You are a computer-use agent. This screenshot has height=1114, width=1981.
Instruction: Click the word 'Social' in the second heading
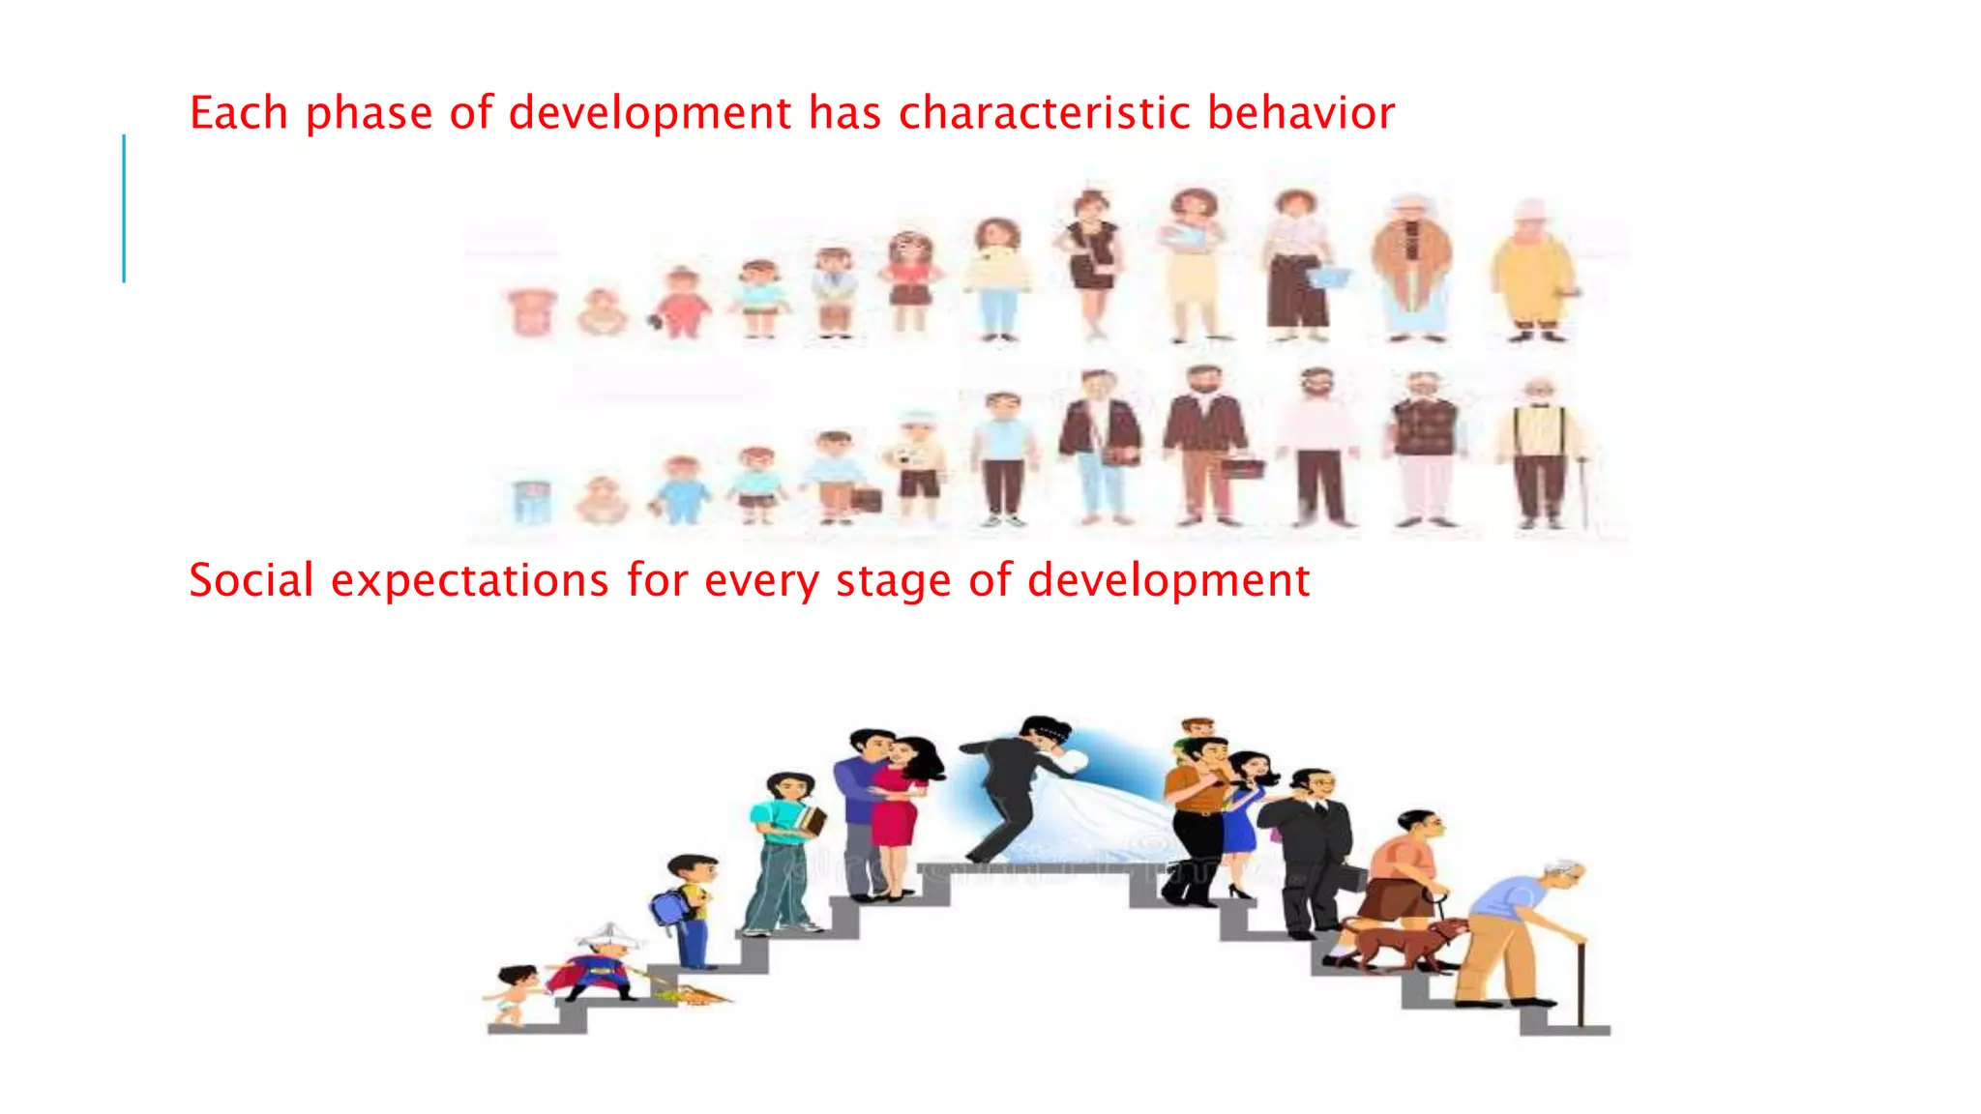pos(251,580)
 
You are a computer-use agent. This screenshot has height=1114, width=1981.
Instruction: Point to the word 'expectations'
pos(469,582)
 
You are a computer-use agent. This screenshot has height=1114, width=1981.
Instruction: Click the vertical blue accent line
pos(124,208)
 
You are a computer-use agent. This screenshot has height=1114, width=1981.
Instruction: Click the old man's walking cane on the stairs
pos(1581,982)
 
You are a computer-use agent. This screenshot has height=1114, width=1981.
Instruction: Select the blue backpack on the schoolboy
pos(667,907)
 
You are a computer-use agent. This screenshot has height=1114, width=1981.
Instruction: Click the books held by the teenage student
pos(811,822)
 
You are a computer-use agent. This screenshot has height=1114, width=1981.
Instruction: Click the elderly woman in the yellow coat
pos(1532,271)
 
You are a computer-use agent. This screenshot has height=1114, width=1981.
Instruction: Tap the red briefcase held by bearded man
pos(1242,469)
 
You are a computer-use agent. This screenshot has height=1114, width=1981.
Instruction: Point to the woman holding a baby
pos(1195,261)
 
